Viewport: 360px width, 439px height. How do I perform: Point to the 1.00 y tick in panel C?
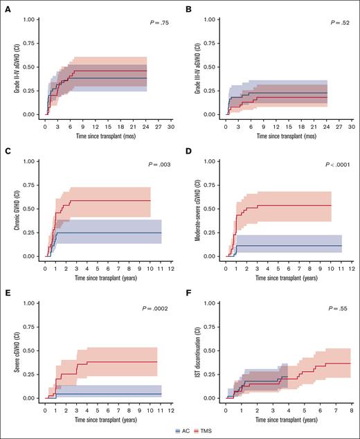pos(29,161)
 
